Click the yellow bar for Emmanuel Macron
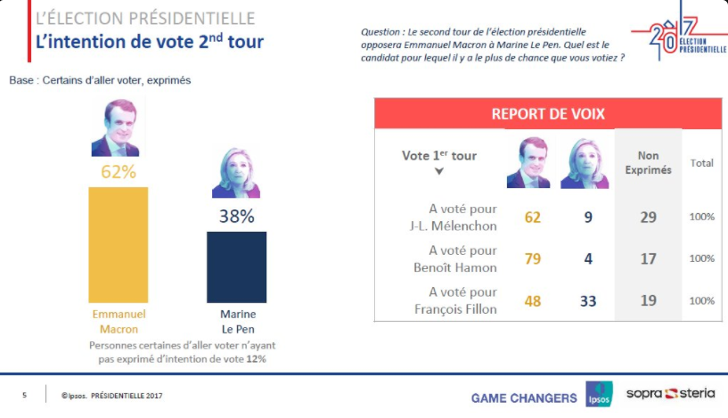pos(119,244)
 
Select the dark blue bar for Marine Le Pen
pos(236,267)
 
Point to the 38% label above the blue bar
pos(237,217)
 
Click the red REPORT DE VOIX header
pos(548,113)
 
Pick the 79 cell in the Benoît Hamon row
pos(533,258)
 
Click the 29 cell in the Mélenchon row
pos(648,217)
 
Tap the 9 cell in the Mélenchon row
pos(588,217)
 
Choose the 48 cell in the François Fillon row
pos(533,301)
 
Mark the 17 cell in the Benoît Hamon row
pos(648,258)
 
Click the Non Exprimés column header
pos(648,162)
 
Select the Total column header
pos(701,163)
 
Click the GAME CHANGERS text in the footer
pos(524,398)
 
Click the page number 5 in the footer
pos(24,395)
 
